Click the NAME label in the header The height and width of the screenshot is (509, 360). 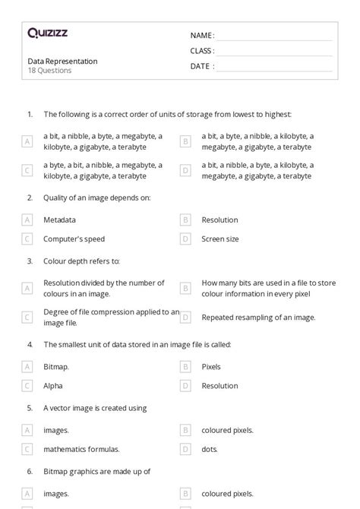click(202, 36)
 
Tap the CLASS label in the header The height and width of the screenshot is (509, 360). click(202, 51)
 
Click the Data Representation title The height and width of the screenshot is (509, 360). click(62, 61)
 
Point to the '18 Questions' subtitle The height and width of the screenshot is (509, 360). click(49, 71)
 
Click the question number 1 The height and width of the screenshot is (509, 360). click(30, 114)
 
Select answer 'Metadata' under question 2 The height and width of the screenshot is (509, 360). click(59, 220)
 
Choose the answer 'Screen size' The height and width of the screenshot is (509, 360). click(219, 239)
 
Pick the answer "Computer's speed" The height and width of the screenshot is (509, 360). click(74, 239)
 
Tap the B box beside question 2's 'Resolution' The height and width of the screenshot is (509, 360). click(185, 220)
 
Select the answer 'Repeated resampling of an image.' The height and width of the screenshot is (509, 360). click(258, 317)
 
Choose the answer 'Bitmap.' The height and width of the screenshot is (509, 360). click(56, 366)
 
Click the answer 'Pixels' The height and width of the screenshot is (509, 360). click(211, 366)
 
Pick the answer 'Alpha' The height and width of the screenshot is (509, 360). click(53, 385)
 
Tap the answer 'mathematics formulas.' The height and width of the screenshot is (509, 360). click(81, 449)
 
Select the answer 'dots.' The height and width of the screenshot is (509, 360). click(210, 449)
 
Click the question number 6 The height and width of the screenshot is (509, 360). click(30, 471)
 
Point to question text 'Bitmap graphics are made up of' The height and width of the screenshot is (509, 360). click(97, 471)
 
